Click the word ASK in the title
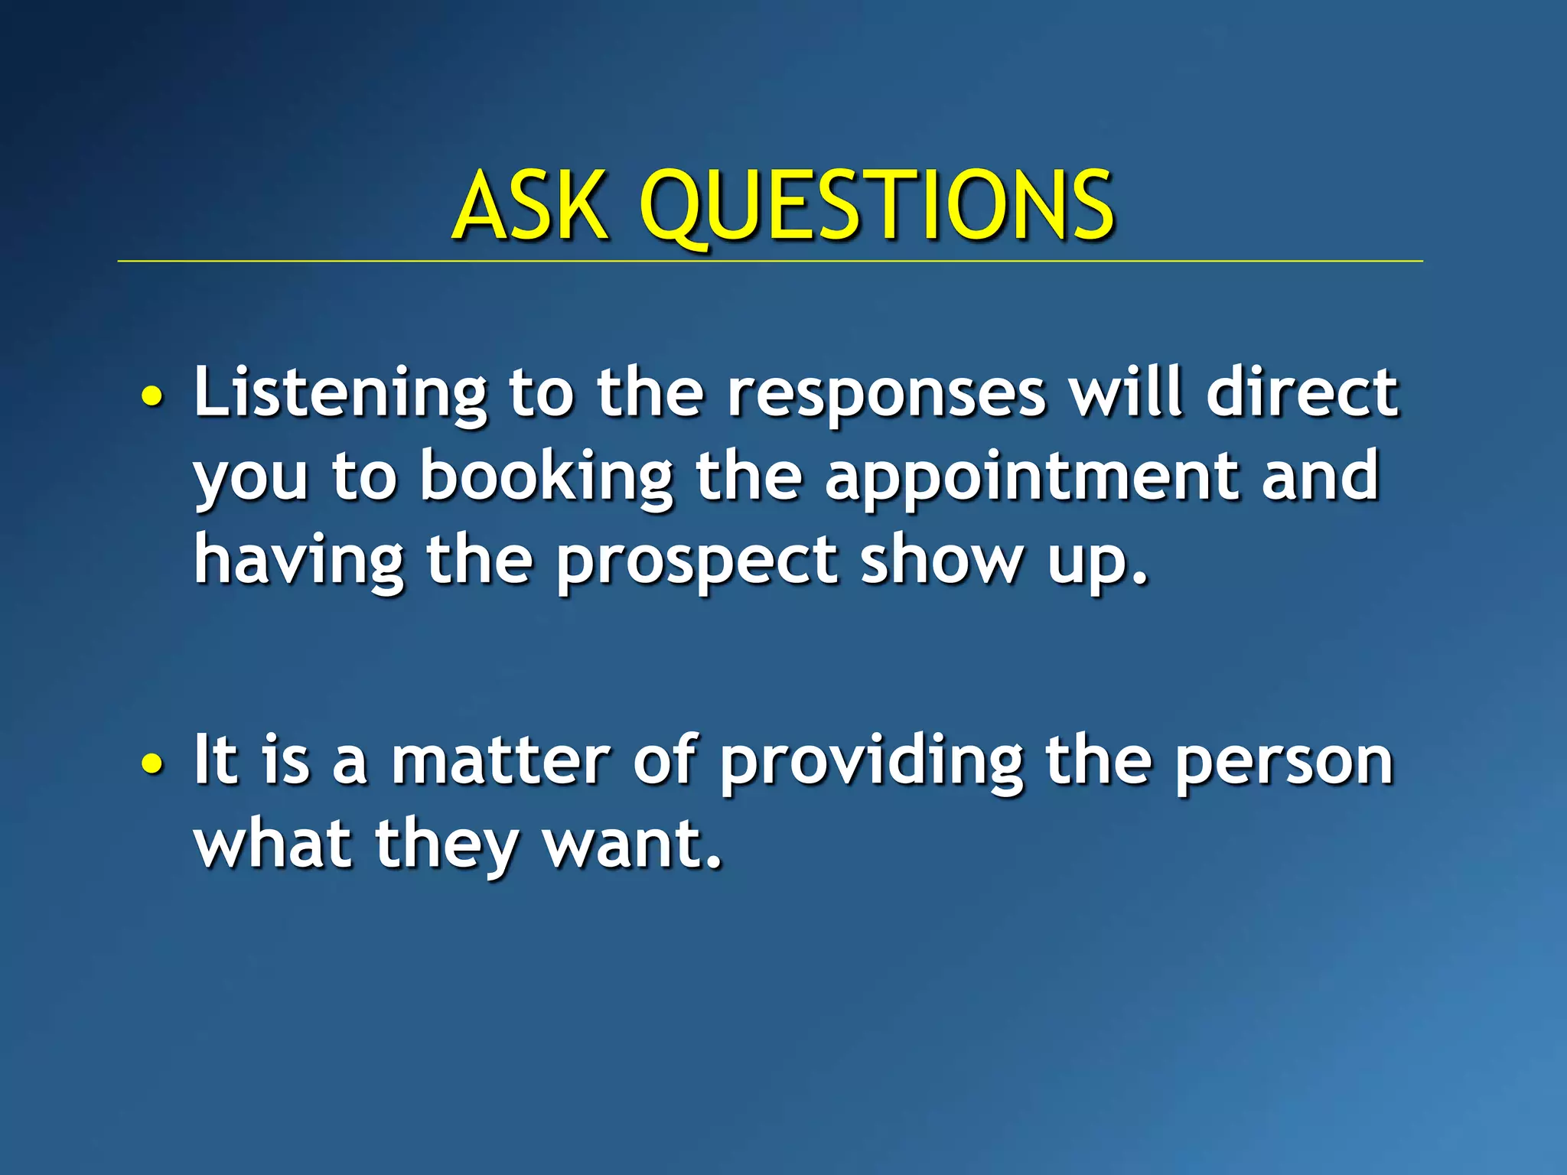pos(529,205)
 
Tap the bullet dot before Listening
pos(152,396)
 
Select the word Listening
pos(340,393)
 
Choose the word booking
pos(546,477)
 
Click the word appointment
pos(1031,477)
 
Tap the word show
pos(941,560)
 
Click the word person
pos(1284,762)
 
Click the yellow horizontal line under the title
pos(770,262)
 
